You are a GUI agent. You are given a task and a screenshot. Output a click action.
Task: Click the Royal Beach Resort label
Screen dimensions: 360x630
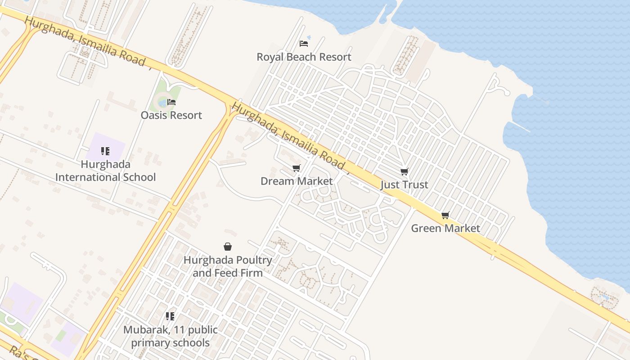tap(304, 57)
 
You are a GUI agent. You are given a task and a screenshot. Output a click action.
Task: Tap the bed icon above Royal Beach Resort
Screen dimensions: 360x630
tap(304, 44)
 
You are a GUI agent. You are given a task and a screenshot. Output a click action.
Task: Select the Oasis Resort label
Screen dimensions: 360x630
tap(171, 115)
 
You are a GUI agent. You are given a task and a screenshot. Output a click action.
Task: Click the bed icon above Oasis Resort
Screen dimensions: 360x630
tap(171, 102)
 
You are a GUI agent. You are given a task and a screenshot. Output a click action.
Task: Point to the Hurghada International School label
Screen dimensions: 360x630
tap(105, 171)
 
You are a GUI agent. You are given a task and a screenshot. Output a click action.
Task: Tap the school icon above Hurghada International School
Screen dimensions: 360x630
tap(105, 151)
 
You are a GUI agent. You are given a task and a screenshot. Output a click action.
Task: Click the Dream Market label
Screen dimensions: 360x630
tap(297, 181)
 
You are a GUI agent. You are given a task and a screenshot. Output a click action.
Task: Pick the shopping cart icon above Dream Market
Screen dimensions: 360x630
tap(296, 168)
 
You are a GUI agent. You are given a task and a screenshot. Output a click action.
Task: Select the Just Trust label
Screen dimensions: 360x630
tap(404, 185)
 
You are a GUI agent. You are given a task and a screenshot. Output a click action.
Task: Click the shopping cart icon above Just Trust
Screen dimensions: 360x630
tap(404, 171)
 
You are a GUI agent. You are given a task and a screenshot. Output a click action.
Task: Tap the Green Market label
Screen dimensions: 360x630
tap(445, 228)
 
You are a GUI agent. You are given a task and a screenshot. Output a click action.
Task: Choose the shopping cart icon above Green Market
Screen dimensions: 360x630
tap(445, 215)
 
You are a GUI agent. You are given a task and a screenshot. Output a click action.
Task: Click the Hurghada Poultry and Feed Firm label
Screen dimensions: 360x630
tap(228, 266)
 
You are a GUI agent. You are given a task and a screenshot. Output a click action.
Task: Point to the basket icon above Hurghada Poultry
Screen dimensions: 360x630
tap(228, 247)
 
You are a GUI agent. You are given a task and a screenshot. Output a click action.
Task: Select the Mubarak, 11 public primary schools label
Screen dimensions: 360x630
tap(170, 336)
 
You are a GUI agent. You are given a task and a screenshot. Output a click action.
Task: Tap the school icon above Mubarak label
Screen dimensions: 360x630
tap(170, 316)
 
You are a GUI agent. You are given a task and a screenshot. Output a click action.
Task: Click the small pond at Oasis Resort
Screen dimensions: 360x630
tap(162, 103)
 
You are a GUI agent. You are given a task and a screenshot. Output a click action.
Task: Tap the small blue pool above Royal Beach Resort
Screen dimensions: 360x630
tap(309, 37)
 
